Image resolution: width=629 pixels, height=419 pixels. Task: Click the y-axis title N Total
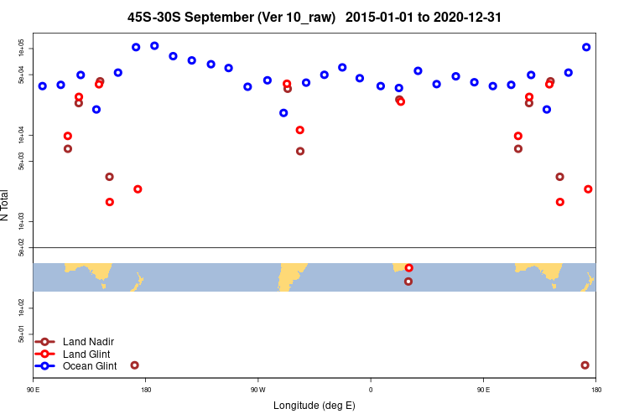5,205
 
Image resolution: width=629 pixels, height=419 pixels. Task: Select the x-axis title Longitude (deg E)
314,406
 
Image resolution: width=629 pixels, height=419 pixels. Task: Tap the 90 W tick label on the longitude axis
257,390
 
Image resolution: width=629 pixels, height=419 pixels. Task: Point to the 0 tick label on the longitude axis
371,390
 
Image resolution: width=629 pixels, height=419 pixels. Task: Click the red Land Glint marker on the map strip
408,268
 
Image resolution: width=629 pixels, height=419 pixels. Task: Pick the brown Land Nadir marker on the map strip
408,282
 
